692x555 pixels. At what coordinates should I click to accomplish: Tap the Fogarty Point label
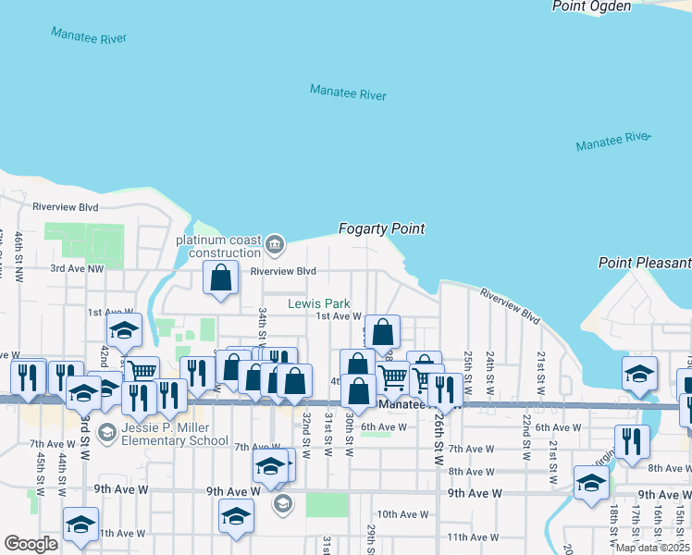[x=381, y=228]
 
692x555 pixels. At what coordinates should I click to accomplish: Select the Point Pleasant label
[x=645, y=263]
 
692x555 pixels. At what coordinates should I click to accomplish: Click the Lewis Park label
[x=318, y=303]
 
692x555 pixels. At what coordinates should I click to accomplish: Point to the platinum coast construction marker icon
[x=275, y=245]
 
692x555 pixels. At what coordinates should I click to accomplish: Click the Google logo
[x=31, y=543]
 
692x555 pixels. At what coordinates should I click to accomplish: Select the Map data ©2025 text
[x=653, y=548]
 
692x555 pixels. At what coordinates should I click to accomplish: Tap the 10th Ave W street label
[x=402, y=514]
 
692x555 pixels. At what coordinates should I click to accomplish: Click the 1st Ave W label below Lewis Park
[x=338, y=316]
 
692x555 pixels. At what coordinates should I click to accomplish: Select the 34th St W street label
[x=263, y=323]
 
